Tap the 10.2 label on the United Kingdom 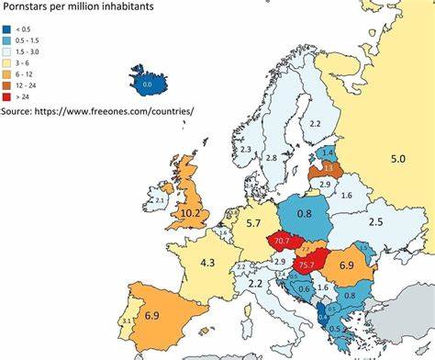click(x=190, y=212)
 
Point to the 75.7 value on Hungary click(x=307, y=265)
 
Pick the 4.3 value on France click(x=208, y=263)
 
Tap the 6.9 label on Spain click(x=154, y=315)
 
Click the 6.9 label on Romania click(x=347, y=265)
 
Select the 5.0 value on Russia click(x=397, y=159)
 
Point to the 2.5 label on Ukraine click(x=374, y=222)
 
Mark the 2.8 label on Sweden click(x=271, y=158)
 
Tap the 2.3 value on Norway click(x=245, y=150)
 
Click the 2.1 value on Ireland click(x=159, y=200)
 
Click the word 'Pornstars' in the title click(x=28, y=7)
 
